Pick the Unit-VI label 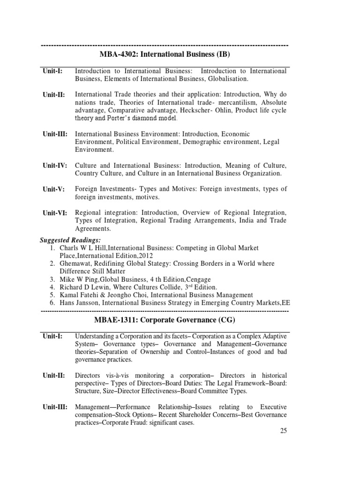55,213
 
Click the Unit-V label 53,189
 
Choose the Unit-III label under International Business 55,134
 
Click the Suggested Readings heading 67,240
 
